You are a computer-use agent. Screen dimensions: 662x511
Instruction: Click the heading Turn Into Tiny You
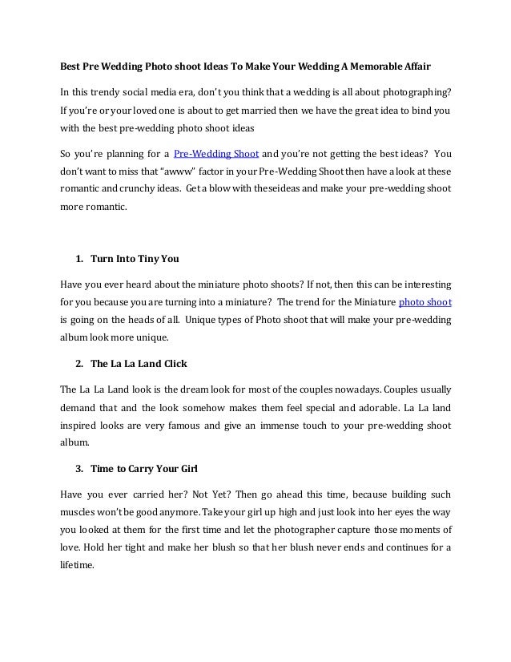pyautogui.click(x=135, y=259)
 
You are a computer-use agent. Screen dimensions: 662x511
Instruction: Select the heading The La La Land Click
pyautogui.click(x=139, y=364)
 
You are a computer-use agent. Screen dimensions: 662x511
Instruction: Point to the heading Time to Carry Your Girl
pyautogui.click(x=144, y=469)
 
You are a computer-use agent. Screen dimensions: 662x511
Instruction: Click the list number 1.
pyautogui.click(x=78, y=259)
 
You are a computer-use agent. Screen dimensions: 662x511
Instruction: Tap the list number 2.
pyautogui.click(x=78, y=364)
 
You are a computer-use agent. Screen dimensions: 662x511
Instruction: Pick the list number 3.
pyautogui.click(x=78, y=469)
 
